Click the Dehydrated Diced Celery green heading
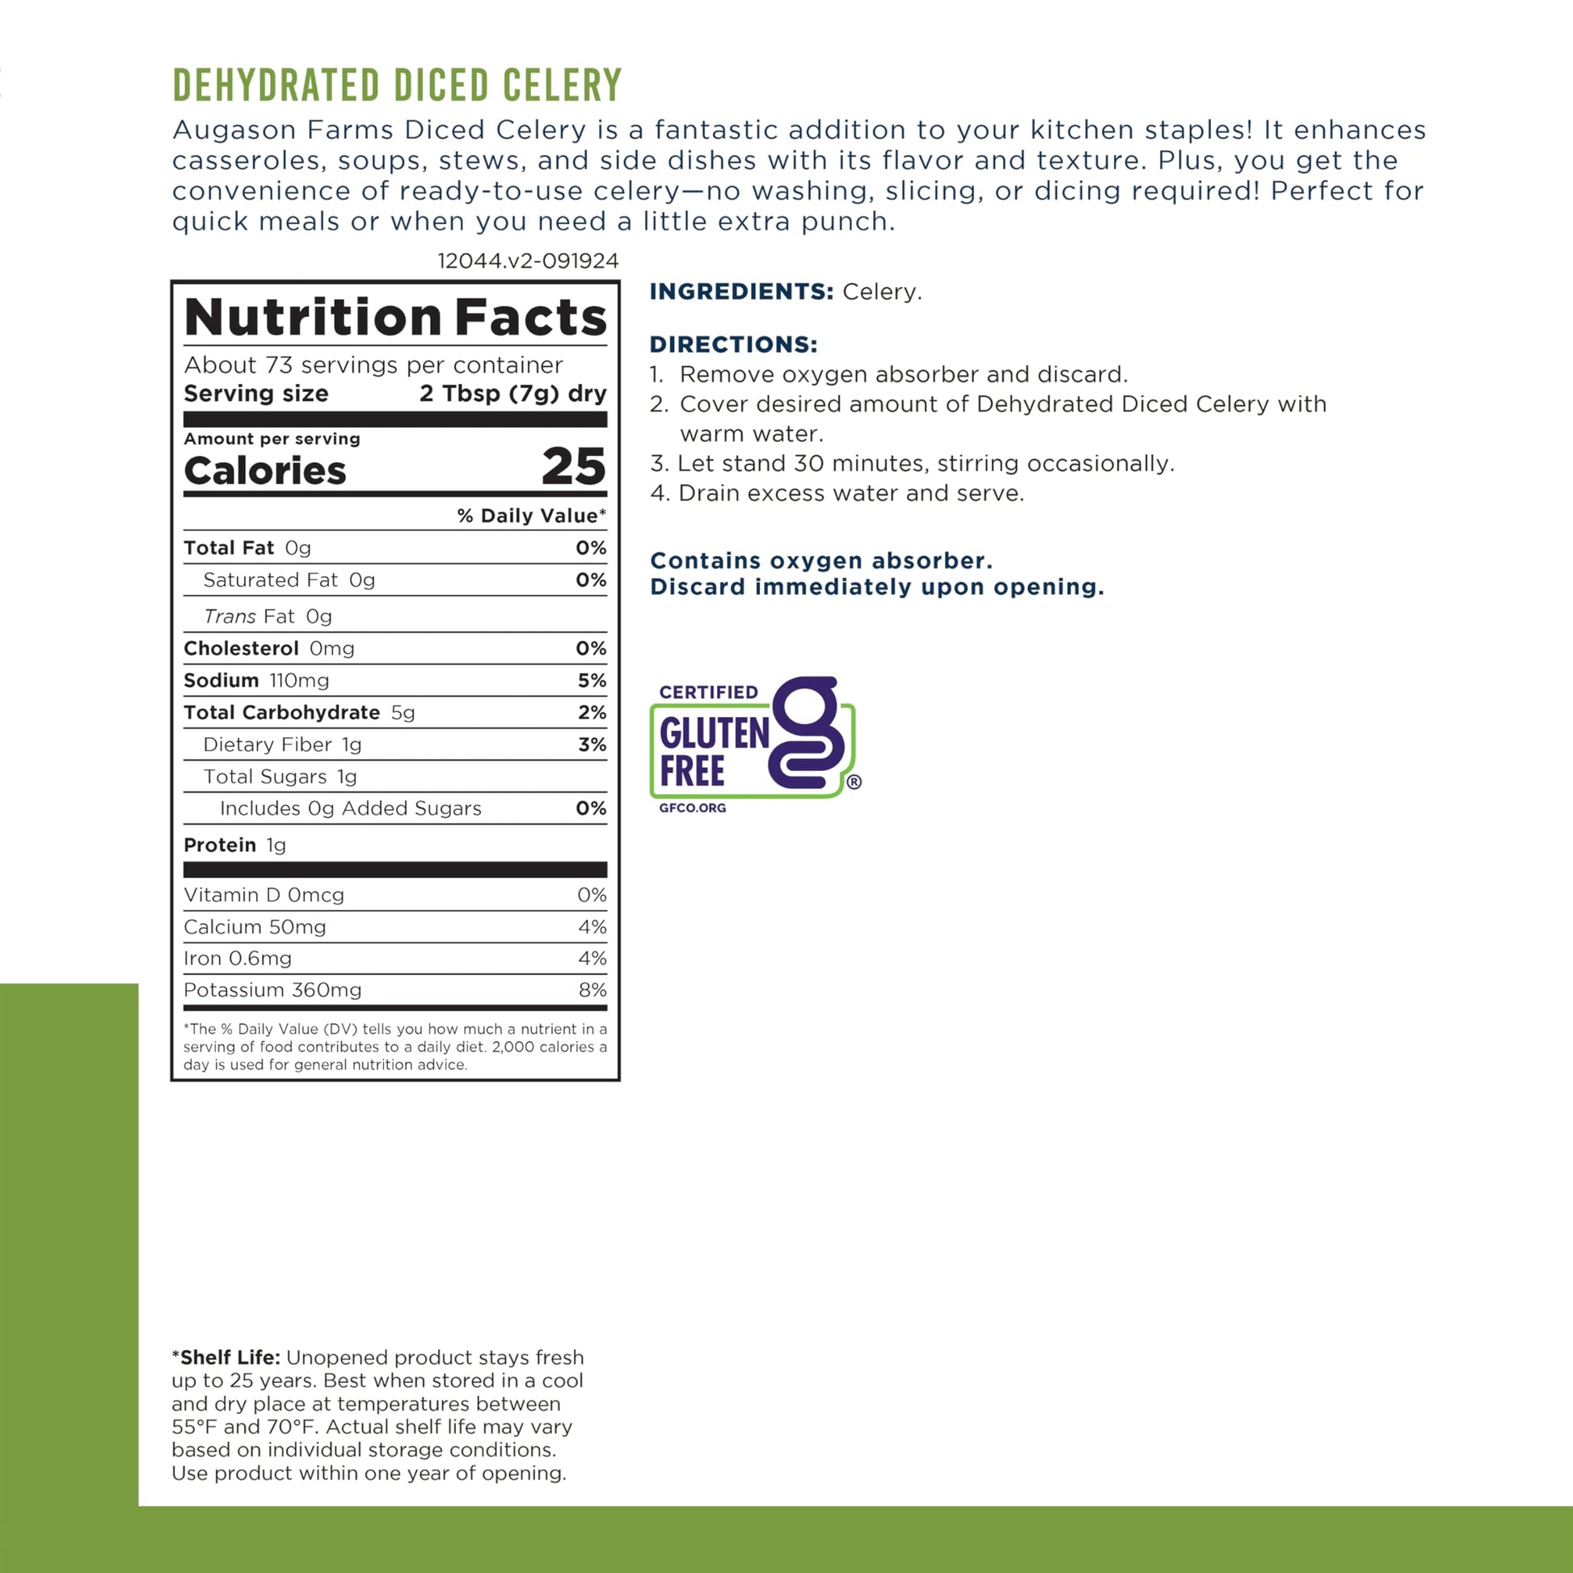(x=398, y=86)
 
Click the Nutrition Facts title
(x=396, y=317)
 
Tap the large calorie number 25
(x=574, y=466)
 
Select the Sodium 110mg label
(x=256, y=681)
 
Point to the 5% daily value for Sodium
(x=592, y=681)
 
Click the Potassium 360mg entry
(x=272, y=990)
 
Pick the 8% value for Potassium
(x=592, y=990)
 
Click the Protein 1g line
(x=234, y=846)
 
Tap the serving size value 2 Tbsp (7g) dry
(x=513, y=394)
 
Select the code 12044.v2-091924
(x=528, y=261)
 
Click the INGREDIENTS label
(x=741, y=292)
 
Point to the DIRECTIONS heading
(x=733, y=344)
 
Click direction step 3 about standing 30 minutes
(x=912, y=463)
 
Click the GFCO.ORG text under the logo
(x=692, y=808)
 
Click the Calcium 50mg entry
(x=255, y=926)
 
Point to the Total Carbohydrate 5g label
(x=299, y=712)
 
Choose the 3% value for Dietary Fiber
(x=592, y=744)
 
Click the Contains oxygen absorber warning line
(x=820, y=561)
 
